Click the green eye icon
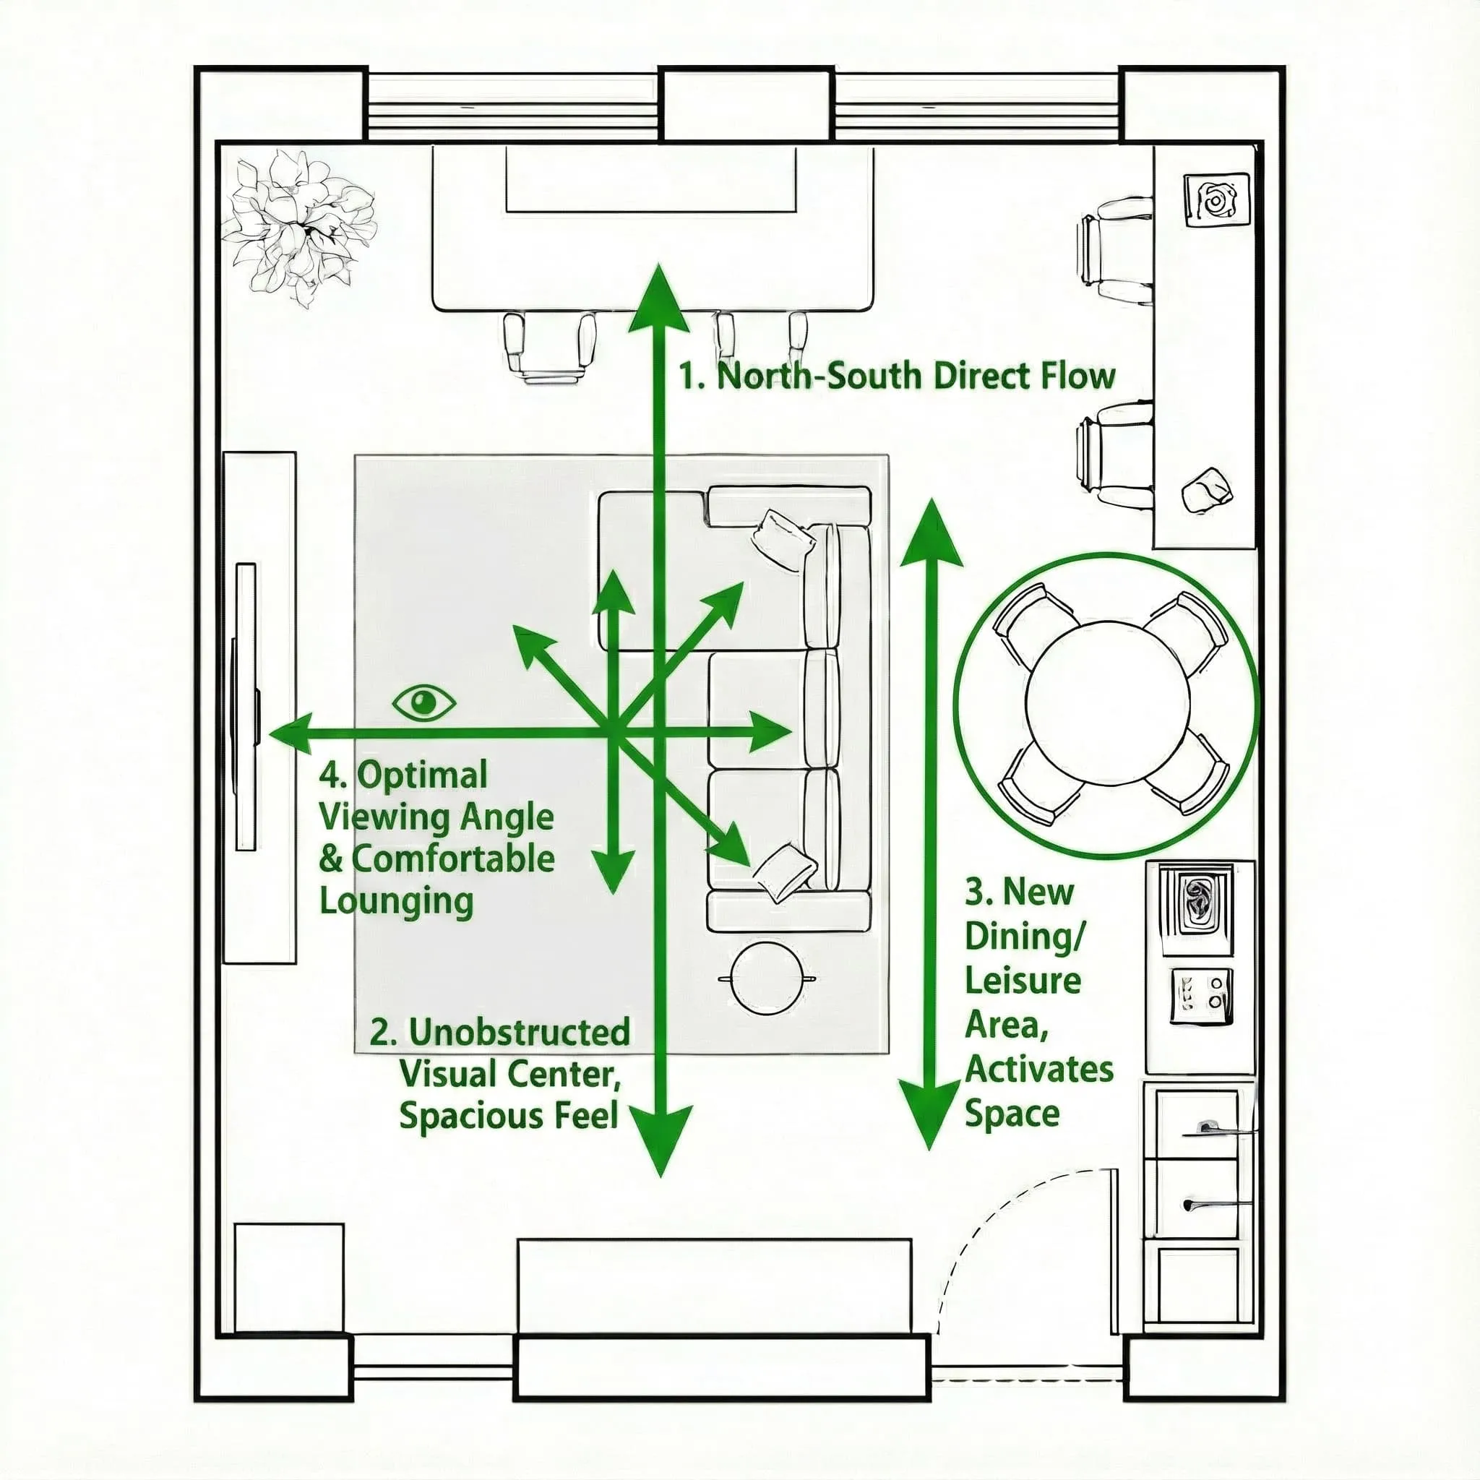coord(423,702)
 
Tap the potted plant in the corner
coord(298,227)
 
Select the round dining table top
coord(1108,703)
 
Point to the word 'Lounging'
coord(396,901)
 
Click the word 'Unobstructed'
coord(520,1032)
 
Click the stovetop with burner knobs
coord(1201,996)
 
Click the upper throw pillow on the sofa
coord(783,539)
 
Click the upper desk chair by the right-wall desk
coord(1114,249)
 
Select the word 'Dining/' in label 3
coord(1025,936)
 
